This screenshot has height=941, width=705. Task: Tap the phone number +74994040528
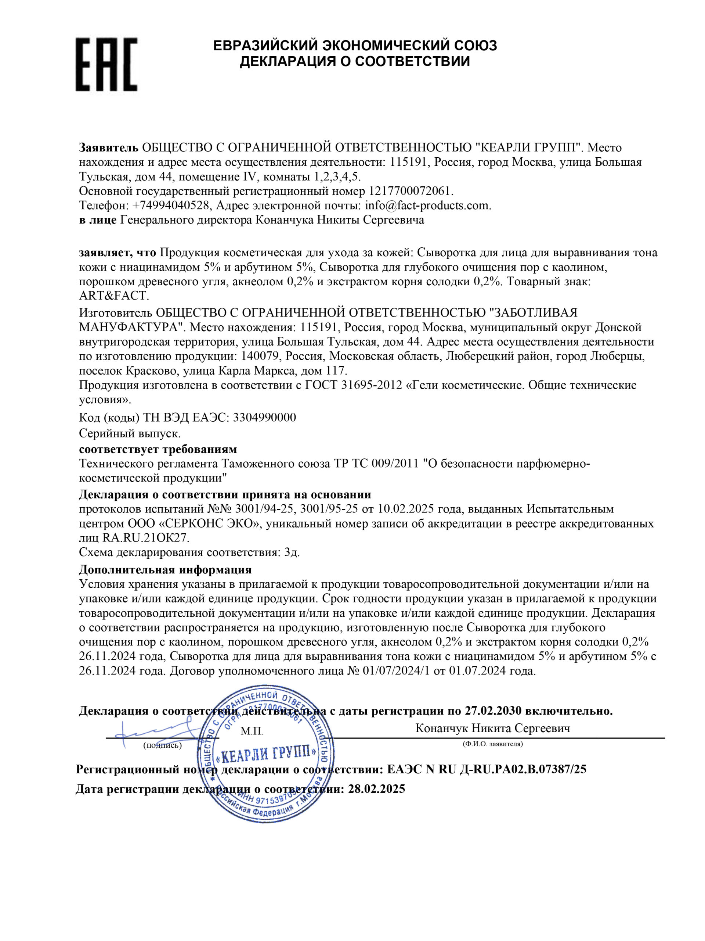point(171,205)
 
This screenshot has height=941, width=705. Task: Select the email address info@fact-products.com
point(427,205)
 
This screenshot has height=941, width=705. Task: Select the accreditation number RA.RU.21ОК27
point(145,538)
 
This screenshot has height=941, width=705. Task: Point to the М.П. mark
point(252,731)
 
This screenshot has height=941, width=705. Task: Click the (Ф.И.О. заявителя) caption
point(493,744)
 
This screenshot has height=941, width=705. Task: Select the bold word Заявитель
point(108,148)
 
